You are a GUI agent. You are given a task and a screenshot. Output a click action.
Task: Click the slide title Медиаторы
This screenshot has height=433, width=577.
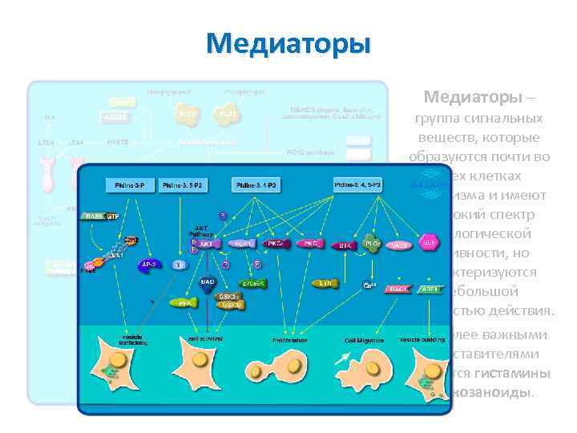[288, 42]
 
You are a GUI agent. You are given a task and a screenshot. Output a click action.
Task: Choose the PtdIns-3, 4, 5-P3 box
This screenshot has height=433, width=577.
[358, 184]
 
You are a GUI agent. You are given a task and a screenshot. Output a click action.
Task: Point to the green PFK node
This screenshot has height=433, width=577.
[185, 304]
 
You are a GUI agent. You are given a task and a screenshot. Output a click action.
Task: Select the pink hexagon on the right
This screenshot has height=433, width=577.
[430, 241]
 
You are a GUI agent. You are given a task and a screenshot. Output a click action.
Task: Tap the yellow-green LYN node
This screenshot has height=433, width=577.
[325, 283]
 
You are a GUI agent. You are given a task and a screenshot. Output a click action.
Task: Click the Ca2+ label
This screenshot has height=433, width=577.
[369, 285]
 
